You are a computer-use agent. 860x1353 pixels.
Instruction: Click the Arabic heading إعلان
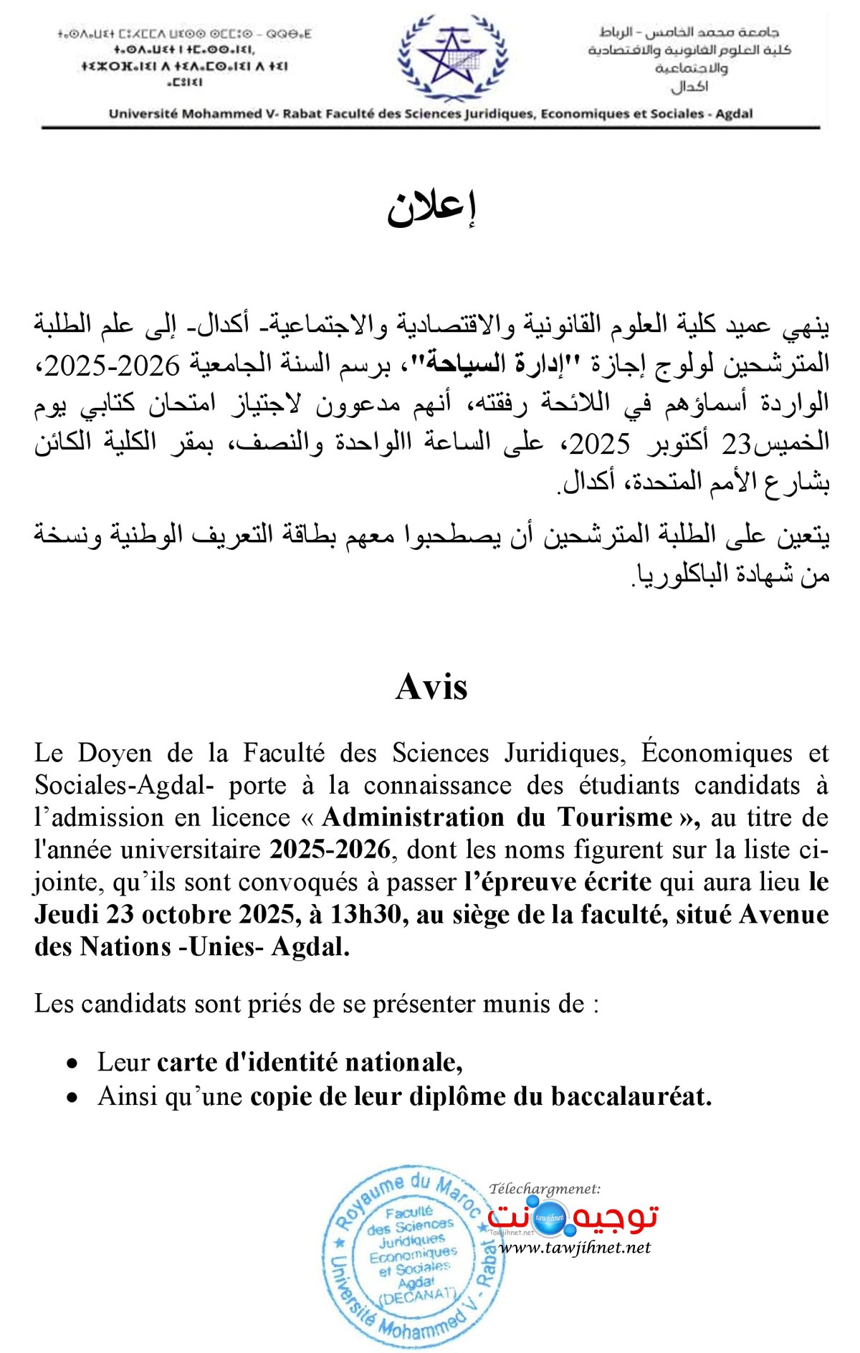click(x=431, y=208)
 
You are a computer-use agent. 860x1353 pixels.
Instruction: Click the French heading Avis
click(x=431, y=687)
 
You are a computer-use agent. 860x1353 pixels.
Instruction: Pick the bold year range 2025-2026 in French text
click(x=330, y=850)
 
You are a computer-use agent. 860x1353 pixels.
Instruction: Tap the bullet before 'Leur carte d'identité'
click(x=72, y=1063)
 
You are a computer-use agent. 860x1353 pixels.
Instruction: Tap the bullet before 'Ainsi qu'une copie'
click(x=72, y=1098)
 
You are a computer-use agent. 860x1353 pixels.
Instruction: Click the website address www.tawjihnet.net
click(x=575, y=1248)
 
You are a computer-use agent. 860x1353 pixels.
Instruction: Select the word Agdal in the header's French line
click(x=734, y=113)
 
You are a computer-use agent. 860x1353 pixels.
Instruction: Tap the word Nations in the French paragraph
click(x=125, y=947)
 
